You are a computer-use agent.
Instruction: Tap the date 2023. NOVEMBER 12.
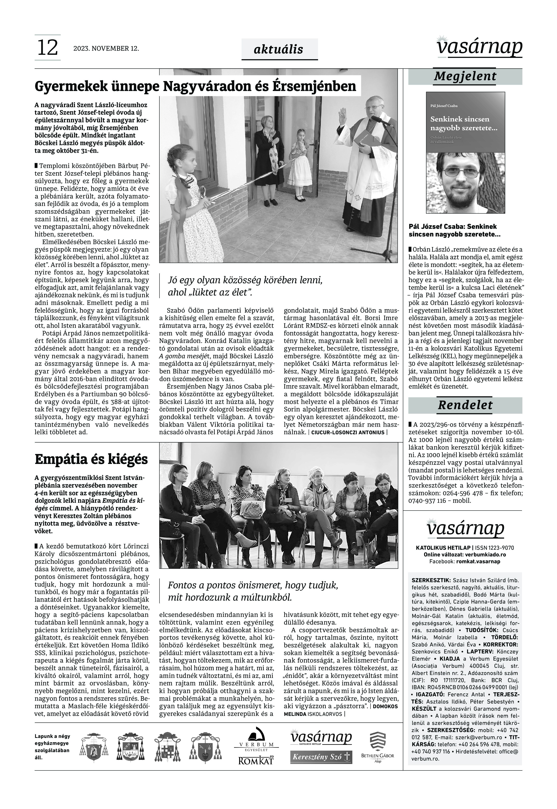[x=106, y=48]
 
